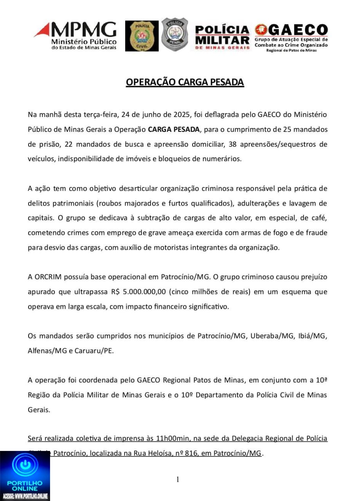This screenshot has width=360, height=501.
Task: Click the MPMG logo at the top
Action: point(75,36)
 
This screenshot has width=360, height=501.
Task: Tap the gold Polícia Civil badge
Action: point(142,36)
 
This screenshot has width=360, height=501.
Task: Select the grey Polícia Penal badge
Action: point(175,34)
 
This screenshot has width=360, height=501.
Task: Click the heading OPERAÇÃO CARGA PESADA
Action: point(185,82)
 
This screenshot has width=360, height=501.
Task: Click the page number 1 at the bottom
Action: point(178,479)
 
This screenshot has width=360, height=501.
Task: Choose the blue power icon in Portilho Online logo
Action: point(25,467)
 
